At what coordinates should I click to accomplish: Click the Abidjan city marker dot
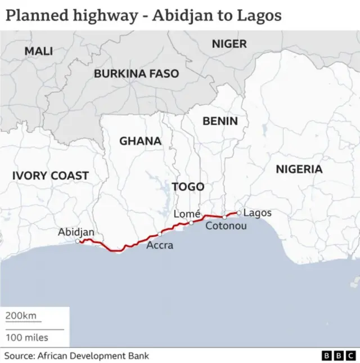click(x=78, y=241)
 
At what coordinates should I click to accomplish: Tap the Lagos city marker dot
click(x=239, y=213)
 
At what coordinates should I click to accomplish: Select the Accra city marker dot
click(x=160, y=234)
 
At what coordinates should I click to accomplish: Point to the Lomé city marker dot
click(x=191, y=223)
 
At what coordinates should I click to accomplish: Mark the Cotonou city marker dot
click(x=224, y=217)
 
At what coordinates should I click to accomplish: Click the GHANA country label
click(x=140, y=141)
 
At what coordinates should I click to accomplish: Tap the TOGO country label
click(x=188, y=187)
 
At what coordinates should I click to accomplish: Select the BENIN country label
click(x=220, y=121)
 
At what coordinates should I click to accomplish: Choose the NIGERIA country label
click(x=299, y=169)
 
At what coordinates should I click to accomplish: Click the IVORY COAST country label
click(x=51, y=176)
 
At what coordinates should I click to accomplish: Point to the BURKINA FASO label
click(x=136, y=74)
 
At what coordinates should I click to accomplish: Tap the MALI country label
click(x=39, y=51)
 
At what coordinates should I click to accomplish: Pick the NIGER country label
click(x=229, y=43)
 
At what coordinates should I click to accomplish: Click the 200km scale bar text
click(x=21, y=316)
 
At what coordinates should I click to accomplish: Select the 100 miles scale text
click(x=27, y=338)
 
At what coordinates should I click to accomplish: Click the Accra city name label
click(x=160, y=245)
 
